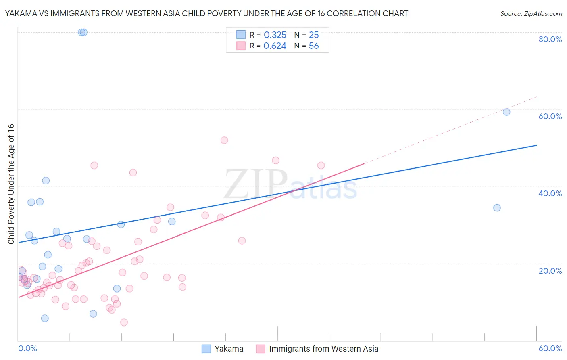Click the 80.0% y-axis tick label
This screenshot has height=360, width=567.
550,39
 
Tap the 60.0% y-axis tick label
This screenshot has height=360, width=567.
550,116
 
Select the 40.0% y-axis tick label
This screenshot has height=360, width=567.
550,193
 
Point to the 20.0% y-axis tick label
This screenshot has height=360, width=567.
550,271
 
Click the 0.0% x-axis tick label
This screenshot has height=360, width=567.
27,349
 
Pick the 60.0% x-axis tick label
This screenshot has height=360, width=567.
550,349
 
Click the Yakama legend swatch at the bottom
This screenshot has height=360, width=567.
206,349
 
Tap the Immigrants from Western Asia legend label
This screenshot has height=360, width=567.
323,349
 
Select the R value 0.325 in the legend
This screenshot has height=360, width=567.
275,35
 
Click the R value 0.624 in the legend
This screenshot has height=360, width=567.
275,46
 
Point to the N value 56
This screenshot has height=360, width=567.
314,46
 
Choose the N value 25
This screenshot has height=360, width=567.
314,35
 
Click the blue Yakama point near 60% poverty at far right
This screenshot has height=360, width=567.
507,112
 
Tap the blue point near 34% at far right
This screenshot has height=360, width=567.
497,208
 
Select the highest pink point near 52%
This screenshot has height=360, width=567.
224,140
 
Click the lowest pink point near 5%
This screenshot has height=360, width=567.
124,322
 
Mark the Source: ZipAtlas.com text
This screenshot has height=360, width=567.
531,14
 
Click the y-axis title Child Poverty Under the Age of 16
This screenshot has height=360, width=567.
11,184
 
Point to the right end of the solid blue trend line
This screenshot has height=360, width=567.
536,145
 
